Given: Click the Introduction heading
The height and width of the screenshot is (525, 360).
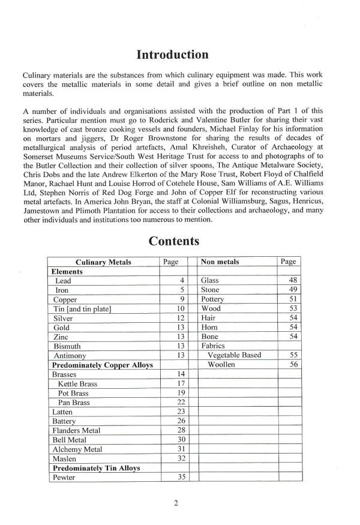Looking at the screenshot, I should [x=172, y=55].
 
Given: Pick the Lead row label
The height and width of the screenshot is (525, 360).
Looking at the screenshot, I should [x=63, y=280].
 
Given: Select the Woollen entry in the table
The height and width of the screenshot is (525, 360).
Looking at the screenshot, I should [x=223, y=364].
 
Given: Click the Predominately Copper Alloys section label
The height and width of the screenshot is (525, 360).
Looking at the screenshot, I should [x=103, y=364].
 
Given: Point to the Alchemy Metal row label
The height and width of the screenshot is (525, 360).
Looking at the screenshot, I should [x=77, y=449].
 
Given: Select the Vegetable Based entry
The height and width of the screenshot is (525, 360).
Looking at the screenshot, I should [x=235, y=355].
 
